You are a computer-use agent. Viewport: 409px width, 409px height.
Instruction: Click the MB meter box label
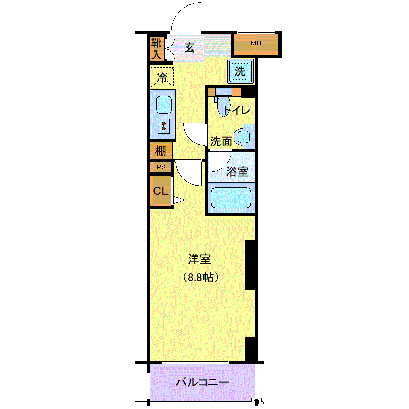(x=256, y=43)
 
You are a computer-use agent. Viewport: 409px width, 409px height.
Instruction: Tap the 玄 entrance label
(x=190, y=48)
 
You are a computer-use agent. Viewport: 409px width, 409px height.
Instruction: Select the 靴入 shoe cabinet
(x=157, y=49)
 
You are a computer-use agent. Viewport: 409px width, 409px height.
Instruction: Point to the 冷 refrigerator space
(x=162, y=77)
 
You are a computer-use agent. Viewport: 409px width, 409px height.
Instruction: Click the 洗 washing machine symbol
(x=240, y=71)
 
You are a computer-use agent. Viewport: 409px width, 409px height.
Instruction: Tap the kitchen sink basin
(x=164, y=105)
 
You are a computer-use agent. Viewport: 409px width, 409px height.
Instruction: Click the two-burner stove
(x=164, y=126)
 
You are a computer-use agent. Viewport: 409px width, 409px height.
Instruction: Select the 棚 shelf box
(x=161, y=150)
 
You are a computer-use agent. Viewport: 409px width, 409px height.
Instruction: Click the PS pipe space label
(x=161, y=167)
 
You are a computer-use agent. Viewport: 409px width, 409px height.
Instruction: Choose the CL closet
(x=161, y=191)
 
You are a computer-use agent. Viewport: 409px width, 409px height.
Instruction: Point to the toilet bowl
(x=223, y=106)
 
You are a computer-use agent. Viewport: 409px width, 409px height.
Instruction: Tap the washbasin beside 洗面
(x=244, y=136)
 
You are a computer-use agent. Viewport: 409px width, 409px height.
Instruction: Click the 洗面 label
(x=221, y=142)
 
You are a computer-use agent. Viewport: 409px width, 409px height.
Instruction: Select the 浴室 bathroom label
(x=237, y=172)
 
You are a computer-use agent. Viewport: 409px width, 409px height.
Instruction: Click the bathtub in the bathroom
(x=231, y=198)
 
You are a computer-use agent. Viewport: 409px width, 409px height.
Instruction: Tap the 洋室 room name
(x=199, y=259)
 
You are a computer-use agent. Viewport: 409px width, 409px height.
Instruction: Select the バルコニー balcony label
(x=202, y=382)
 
